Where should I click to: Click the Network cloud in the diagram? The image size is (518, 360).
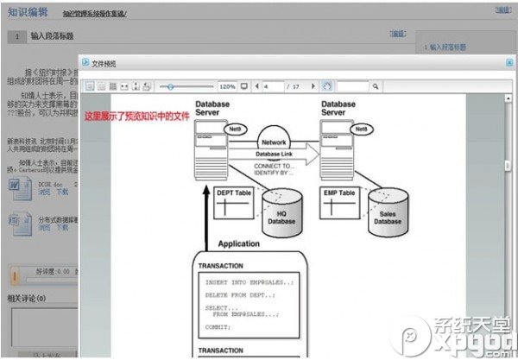[x=274, y=142]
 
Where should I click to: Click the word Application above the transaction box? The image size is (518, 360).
[x=238, y=244]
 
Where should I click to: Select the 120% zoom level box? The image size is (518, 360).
[x=227, y=87]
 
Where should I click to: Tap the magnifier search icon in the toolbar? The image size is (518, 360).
[x=375, y=87]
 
